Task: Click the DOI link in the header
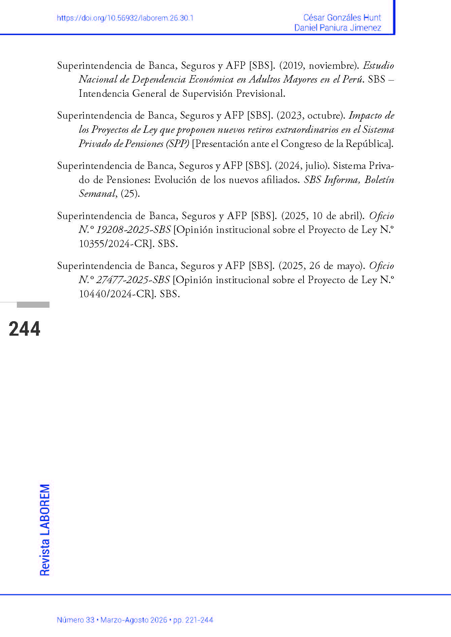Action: (x=125, y=18)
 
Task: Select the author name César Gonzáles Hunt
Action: (x=342, y=18)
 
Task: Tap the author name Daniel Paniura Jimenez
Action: (x=337, y=28)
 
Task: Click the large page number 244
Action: (x=25, y=329)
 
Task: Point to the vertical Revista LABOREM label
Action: (x=45, y=530)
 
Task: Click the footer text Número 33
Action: (x=75, y=620)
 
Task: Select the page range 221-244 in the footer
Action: (x=198, y=620)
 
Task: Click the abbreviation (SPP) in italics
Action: (x=177, y=144)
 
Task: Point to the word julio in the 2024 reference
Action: (x=316, y=166)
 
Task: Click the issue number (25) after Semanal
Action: (x=130, y=194)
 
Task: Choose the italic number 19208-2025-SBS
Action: (x=133, y=230)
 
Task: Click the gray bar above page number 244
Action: (x=33, y=305)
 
